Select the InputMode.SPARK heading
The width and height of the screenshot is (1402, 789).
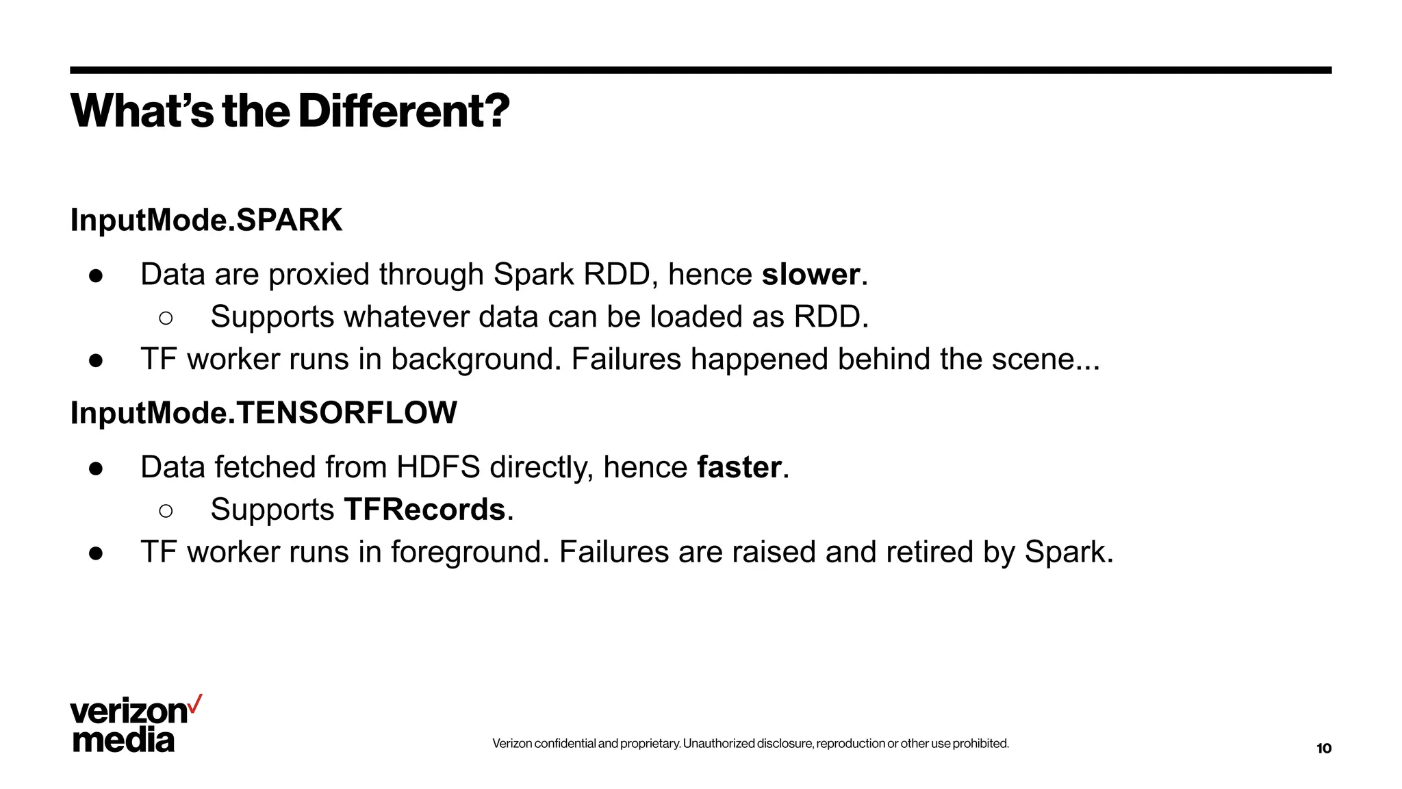(x=206, y=221)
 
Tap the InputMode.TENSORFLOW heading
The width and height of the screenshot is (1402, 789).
(x=264, y=413)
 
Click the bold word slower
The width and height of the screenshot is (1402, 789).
(x=811, y=275)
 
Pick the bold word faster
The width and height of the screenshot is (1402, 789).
(x=739, y=468)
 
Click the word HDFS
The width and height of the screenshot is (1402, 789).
(x=438, y=468)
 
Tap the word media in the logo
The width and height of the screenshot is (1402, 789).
(x=123, y=740)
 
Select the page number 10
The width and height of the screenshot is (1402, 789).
(x=1324, y=749)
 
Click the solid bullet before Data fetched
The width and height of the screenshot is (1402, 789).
(x=96, y=468)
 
